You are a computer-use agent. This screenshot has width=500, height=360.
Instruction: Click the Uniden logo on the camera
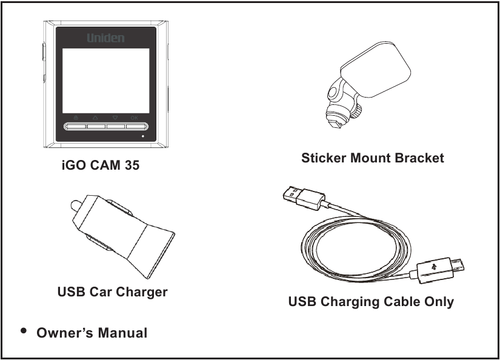[x=105, y=38]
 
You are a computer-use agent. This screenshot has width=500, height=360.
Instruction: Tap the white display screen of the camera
[x=106, y=80]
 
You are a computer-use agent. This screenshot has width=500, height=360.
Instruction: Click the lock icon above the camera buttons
[x=75, y=118]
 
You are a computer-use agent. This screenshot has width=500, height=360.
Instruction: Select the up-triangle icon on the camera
[x=95, y=118]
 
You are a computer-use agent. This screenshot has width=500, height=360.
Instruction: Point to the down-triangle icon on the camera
[x=115, y=118]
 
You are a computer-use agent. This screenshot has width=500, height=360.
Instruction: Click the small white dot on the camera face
[x=143, y=136]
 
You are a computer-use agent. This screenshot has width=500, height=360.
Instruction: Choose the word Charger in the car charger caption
[x=142, y=292]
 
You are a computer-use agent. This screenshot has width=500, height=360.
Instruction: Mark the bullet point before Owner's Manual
[x=24, y=331]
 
